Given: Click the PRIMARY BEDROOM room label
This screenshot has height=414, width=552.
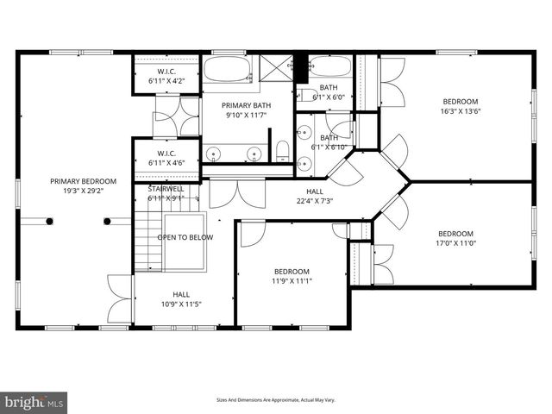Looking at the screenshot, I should tap(82, 181).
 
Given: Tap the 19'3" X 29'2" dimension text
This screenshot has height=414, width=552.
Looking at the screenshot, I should tap(82, 192).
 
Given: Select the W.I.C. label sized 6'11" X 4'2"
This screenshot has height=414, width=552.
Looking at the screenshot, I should tap(166, 72).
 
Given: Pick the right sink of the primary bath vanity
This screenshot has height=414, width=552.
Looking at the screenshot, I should tap(254, 154).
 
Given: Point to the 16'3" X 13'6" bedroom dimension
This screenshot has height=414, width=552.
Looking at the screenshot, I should tap(461, 110).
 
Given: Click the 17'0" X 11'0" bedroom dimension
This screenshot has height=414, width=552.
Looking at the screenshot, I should tap(455, 244).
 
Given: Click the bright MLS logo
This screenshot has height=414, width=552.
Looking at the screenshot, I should tap(34, 402).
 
